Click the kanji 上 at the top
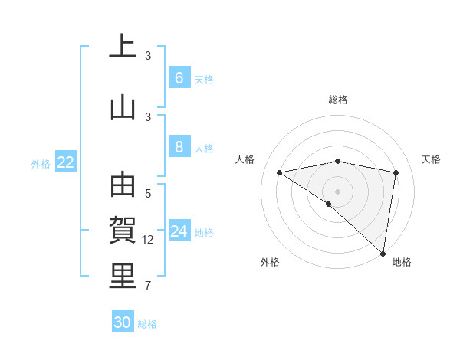click(123, 47)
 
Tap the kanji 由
click(123, 186)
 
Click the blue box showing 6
click(179, 78)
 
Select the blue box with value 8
click(179, 147)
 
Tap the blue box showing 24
click(179, 231)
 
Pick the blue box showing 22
click(66, 162)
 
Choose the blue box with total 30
click(123, 322)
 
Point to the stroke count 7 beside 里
click(148, 286)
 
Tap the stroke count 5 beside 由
click(148, 194)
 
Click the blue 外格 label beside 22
click(41, 163)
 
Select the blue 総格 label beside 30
click(147, 324)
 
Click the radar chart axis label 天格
click(431, 159)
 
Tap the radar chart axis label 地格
click(402, 263)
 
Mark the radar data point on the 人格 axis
click(280, 172)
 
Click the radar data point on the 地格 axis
click(383, 253)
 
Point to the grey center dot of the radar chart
click(337, 190)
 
